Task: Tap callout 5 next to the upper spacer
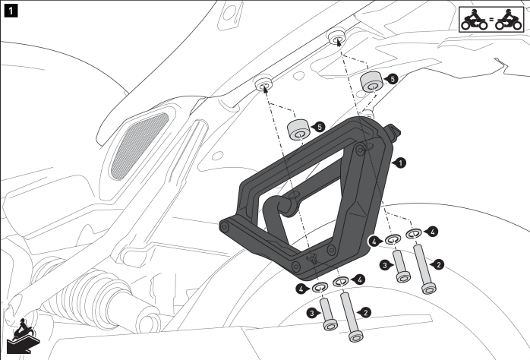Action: click(391, 78)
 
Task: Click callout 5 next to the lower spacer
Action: click(319, 127)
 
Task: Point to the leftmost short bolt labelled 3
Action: click(327, 313)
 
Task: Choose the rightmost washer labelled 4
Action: click(415, 233)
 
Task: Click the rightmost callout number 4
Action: click(432, 230)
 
